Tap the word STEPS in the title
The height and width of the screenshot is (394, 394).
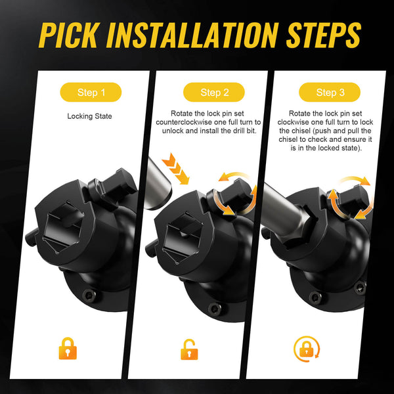323,35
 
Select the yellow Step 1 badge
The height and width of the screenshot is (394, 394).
91,92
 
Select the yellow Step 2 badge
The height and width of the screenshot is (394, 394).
214,92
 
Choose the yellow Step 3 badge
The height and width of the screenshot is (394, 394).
330,92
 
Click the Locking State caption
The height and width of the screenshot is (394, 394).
90,116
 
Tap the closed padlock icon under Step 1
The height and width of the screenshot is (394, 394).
68,349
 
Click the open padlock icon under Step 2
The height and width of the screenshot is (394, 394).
189,349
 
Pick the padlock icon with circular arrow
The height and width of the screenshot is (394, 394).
307,349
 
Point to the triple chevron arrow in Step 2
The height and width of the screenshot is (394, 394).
175,168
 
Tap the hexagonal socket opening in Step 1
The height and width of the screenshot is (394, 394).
63,227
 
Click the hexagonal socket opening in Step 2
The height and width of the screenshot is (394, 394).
183,238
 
